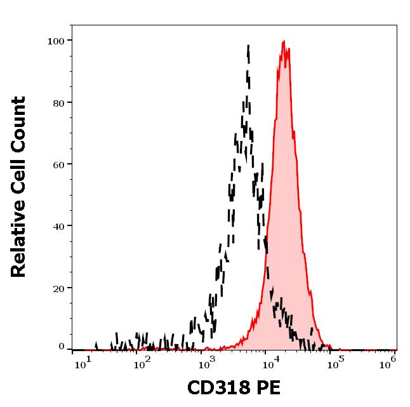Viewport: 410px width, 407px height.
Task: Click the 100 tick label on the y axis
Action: pos(56,41)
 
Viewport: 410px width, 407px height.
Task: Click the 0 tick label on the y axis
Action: pos(62,347)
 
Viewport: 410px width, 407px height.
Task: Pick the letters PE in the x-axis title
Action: pos(268,387)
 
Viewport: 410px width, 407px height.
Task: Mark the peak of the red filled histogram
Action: pos(284,42)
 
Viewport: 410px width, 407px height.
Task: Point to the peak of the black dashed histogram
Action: pos(248,45)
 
